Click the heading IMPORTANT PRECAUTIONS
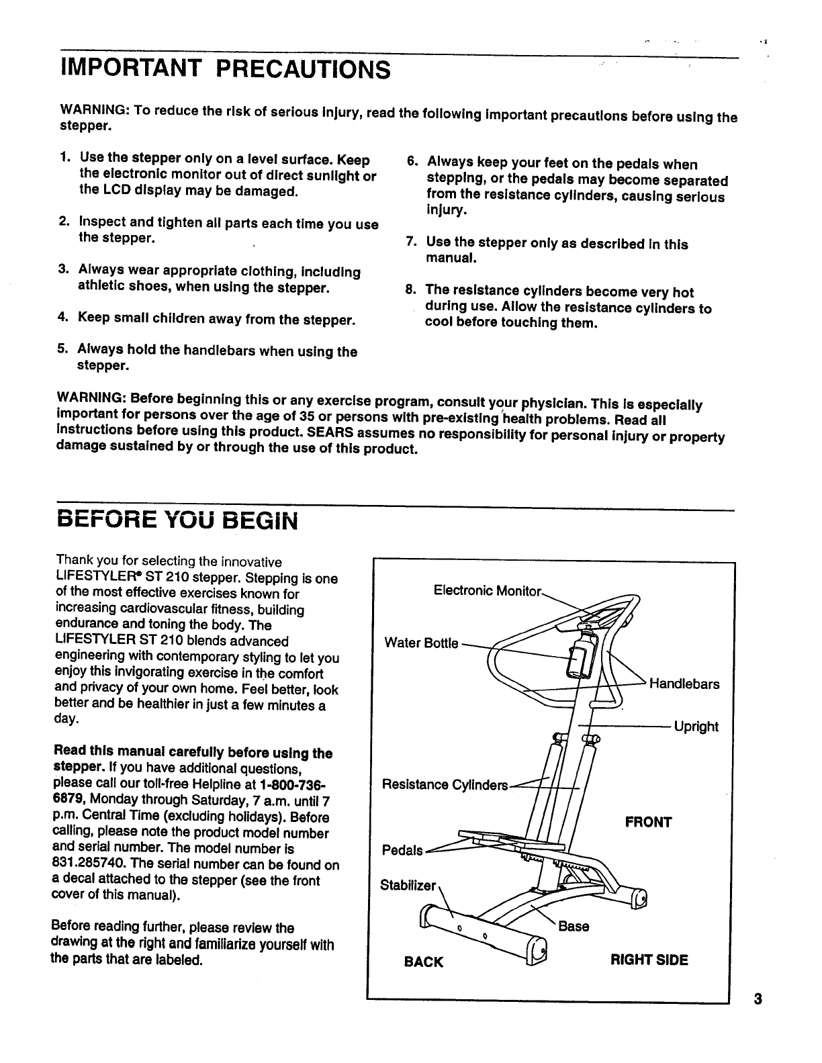pyautogui.click(x=225, y=68)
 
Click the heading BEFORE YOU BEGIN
pyautogui.click(x=176, y=520)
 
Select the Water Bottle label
pyautogui.click(x=421, y=643)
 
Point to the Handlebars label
pyautogui.click(x=684, y=684)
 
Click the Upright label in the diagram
pyautogui.click(x=696, y=727)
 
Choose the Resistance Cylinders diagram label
pyautogui.click(x=445, y=785)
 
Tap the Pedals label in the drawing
pyautogui.click(x=402, y=851)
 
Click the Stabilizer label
pyautogui.click(x=408, y=885)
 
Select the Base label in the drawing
pyautogui.click(x=574, y=927)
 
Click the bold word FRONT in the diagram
pyautogui.click(x=648, y=823)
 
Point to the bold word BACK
pyautogui.click(x=424, y=962)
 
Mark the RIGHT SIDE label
pyautogui.click(x=649, y=960)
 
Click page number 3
pyautogui.click(x=758, y=999)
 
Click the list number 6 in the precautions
pyautogui.click(x=412, y=163)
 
